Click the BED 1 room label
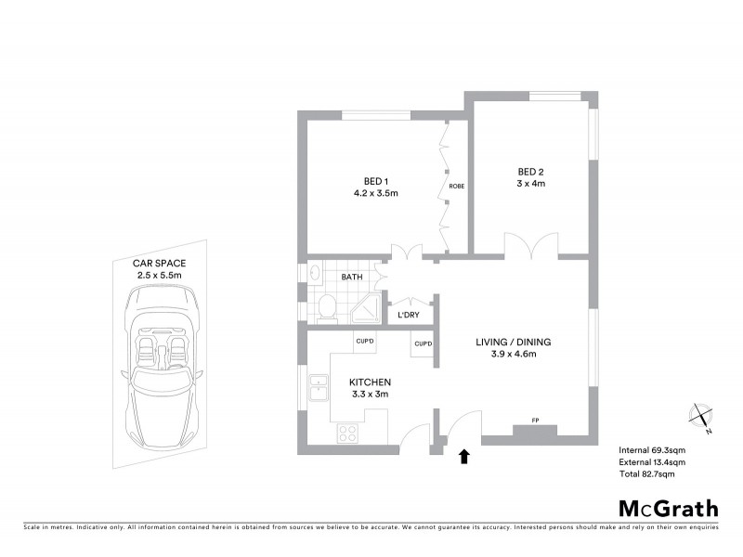coord(375,180)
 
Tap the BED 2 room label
coord(530,172)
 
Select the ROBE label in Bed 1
coord(456,187)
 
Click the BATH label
coord(352,277)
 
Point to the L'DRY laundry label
coord(410,317)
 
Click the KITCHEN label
coord(370,382)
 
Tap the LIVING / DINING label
coord(514,342)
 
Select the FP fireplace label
coord(535,421)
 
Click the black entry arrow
coord(465,455)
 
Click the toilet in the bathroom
coord(326,304)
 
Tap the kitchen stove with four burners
coord(348,431)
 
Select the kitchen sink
coord(319,386)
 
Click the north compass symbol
coord(701,417)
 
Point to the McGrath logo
coord(669,508)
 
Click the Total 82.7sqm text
coord(646,473)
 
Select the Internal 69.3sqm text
coord(652,450)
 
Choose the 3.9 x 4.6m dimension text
coord(514,355)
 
